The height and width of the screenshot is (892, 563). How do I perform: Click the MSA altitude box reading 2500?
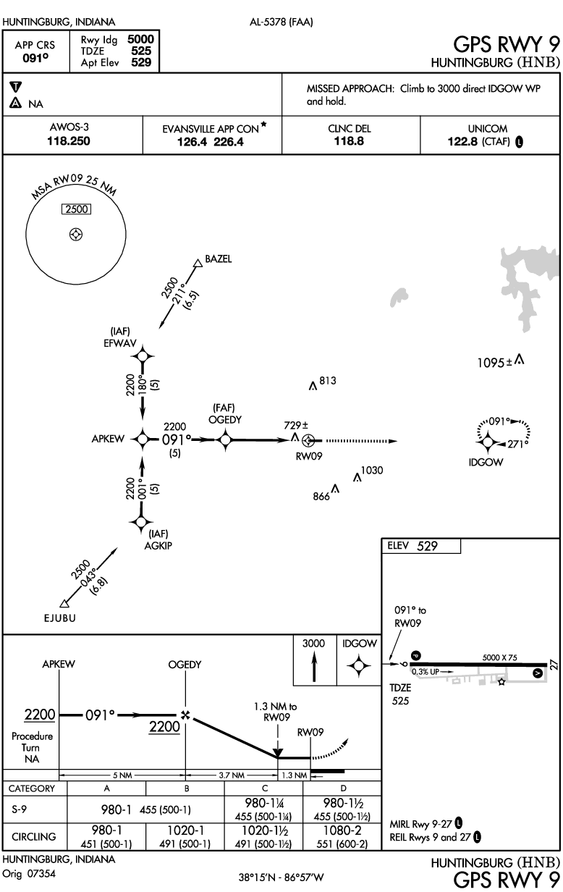75,210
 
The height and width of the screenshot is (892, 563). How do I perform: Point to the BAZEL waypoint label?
219,260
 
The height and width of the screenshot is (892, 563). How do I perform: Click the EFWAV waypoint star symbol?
143,355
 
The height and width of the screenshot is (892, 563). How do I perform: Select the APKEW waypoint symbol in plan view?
143,439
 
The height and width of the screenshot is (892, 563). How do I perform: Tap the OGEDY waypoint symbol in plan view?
225,439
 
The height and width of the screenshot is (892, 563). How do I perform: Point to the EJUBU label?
59,619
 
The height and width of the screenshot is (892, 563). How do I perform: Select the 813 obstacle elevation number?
327,381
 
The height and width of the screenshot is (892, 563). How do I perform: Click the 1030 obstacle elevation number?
371,471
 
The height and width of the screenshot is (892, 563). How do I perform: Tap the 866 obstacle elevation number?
321,497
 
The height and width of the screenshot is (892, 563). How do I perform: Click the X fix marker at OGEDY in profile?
185,715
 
